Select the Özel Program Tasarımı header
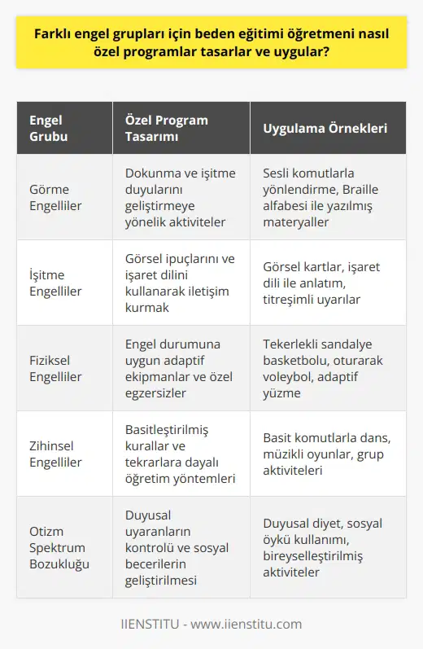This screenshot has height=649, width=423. pyautogui.click(x=167, y=129)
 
